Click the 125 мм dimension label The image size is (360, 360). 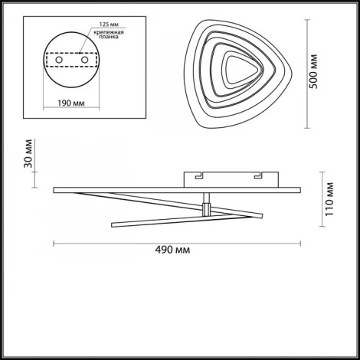coord(109,25)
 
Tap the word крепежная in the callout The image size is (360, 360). coord(109,32)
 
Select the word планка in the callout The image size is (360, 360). coord(109,37)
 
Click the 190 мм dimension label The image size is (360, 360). coord(71,103)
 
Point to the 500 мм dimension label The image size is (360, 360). coord(313,71)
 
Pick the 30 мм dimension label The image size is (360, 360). coord(28,153)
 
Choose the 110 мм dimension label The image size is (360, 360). coord(329,199)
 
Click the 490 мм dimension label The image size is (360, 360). coord(172,250)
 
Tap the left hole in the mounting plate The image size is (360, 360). coord(59,60)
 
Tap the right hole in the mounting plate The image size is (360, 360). coord(84,60)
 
